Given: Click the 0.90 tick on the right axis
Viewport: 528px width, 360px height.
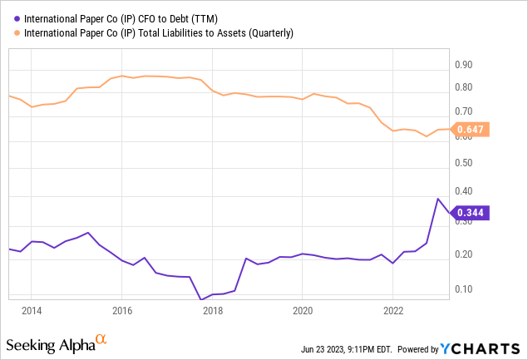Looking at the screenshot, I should click(463, 65).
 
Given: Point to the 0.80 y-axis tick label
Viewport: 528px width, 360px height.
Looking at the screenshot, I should click(463, 88).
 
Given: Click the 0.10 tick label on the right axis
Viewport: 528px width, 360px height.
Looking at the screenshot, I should click(463, 289).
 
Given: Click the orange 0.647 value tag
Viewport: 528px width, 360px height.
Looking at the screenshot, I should click(471, 129).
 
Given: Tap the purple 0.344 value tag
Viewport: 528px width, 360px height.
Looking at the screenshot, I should click(471, 213).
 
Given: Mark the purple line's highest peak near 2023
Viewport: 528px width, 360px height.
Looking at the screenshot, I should click(438, 199).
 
